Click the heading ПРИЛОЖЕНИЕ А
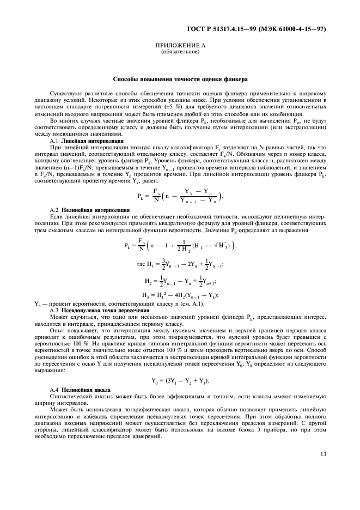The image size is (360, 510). click(180, 47)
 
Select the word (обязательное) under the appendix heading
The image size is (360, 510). click(180, 53)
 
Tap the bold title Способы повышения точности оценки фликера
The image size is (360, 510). click(180, 80)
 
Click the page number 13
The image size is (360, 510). click(324, 453)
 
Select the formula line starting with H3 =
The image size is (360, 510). click(180, 295)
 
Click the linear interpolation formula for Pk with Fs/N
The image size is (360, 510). click(180, 195)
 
